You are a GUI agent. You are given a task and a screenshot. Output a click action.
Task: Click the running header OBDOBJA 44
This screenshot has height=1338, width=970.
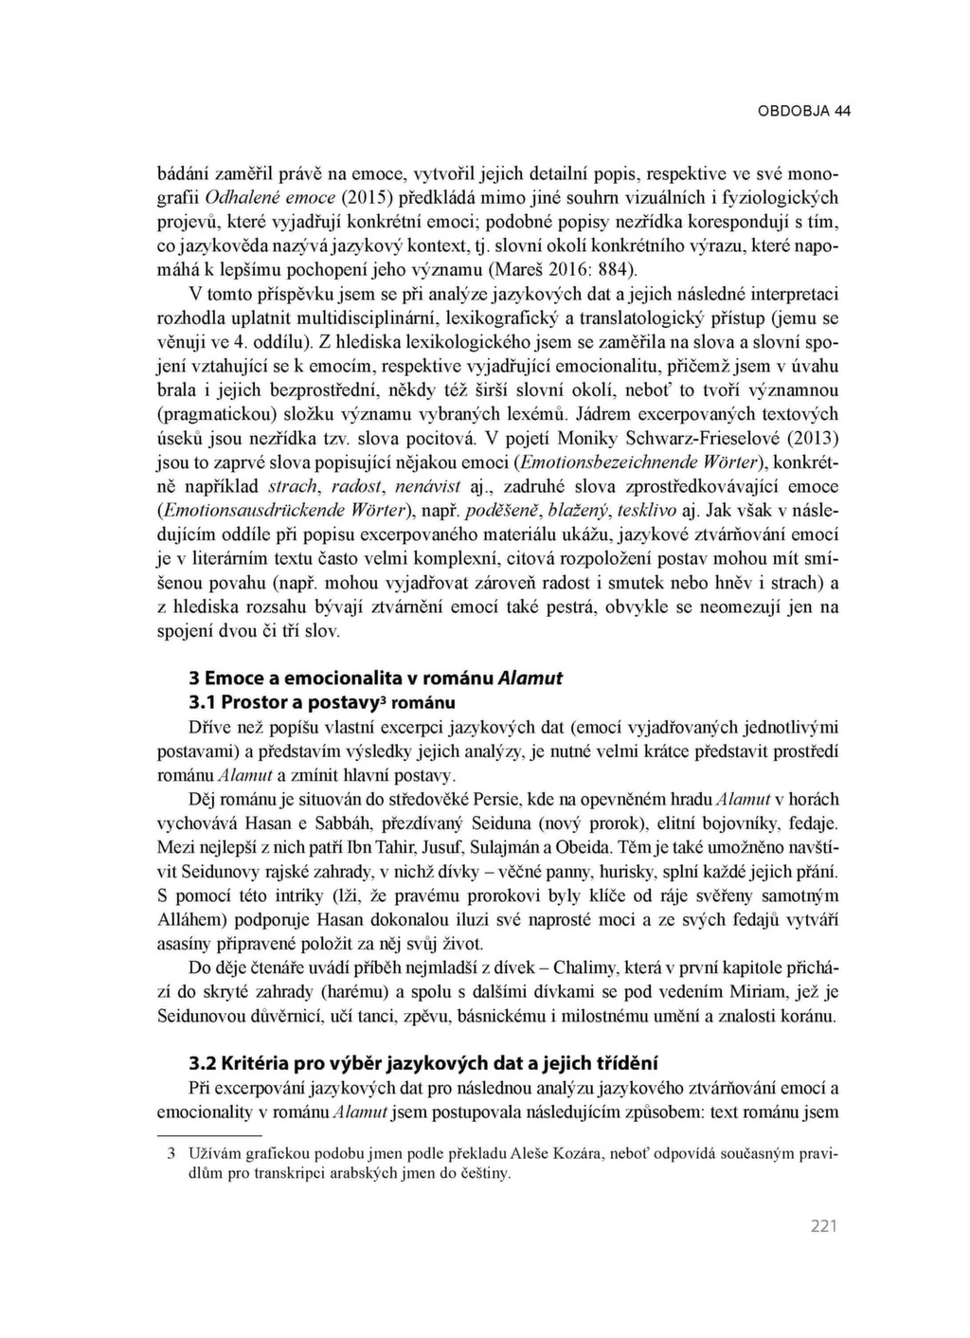coord(804,111)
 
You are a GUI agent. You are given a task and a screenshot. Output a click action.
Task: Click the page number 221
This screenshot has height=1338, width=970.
coord(824,1227)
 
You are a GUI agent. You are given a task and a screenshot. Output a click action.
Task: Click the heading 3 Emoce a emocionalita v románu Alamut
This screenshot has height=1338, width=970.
coord(376,678)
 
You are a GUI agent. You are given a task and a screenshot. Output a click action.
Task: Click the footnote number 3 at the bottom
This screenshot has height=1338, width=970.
coord(171,1155)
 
